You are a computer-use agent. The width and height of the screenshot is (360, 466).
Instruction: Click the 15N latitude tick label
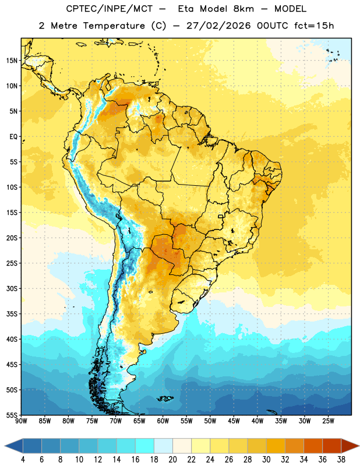(x=12, y=61)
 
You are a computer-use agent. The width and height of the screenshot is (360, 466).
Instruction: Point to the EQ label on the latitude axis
(x=13, y=137)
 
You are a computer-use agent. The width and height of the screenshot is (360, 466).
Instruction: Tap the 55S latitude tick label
(x=12, y=415)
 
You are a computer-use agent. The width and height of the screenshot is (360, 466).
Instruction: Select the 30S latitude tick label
(x=12, y=288)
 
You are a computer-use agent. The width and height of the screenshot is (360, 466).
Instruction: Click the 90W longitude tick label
(x=21, y=421)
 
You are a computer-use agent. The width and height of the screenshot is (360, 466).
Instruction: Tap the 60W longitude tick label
(x=163, y=421)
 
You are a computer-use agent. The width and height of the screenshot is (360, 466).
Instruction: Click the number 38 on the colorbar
(x=341, y=460)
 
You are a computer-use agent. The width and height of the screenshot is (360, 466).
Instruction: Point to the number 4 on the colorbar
(x=23, y=460)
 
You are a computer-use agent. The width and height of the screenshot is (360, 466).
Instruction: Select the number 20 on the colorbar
(x=172, y=460)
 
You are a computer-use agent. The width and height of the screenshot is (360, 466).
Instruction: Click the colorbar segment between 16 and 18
(x=145, y=446)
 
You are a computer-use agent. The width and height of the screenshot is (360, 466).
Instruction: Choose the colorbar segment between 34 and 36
(x=313, y=446)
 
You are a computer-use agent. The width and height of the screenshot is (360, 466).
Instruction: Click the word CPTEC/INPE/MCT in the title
(x=110, y=9)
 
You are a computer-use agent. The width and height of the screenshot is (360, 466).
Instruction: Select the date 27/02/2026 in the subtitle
(x=218, y=26)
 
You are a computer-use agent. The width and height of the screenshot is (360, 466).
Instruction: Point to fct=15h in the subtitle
(x=314, y=26)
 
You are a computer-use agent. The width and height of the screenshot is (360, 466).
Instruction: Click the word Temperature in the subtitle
(x=114, y=26)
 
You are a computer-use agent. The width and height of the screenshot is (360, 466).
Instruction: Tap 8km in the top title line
(x=243, y=9)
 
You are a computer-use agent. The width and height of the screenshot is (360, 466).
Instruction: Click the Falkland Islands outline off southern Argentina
(x=165, y=398)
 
